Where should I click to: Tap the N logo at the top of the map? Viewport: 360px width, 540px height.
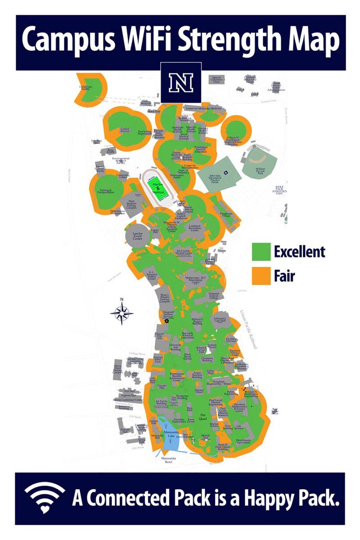click(x=180, y=83)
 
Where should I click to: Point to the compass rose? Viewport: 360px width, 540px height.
click(x=121, y=312)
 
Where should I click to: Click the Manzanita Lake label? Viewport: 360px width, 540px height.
click(x=169, y=434)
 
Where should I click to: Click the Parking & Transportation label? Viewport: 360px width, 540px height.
click(x=104, y=191)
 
